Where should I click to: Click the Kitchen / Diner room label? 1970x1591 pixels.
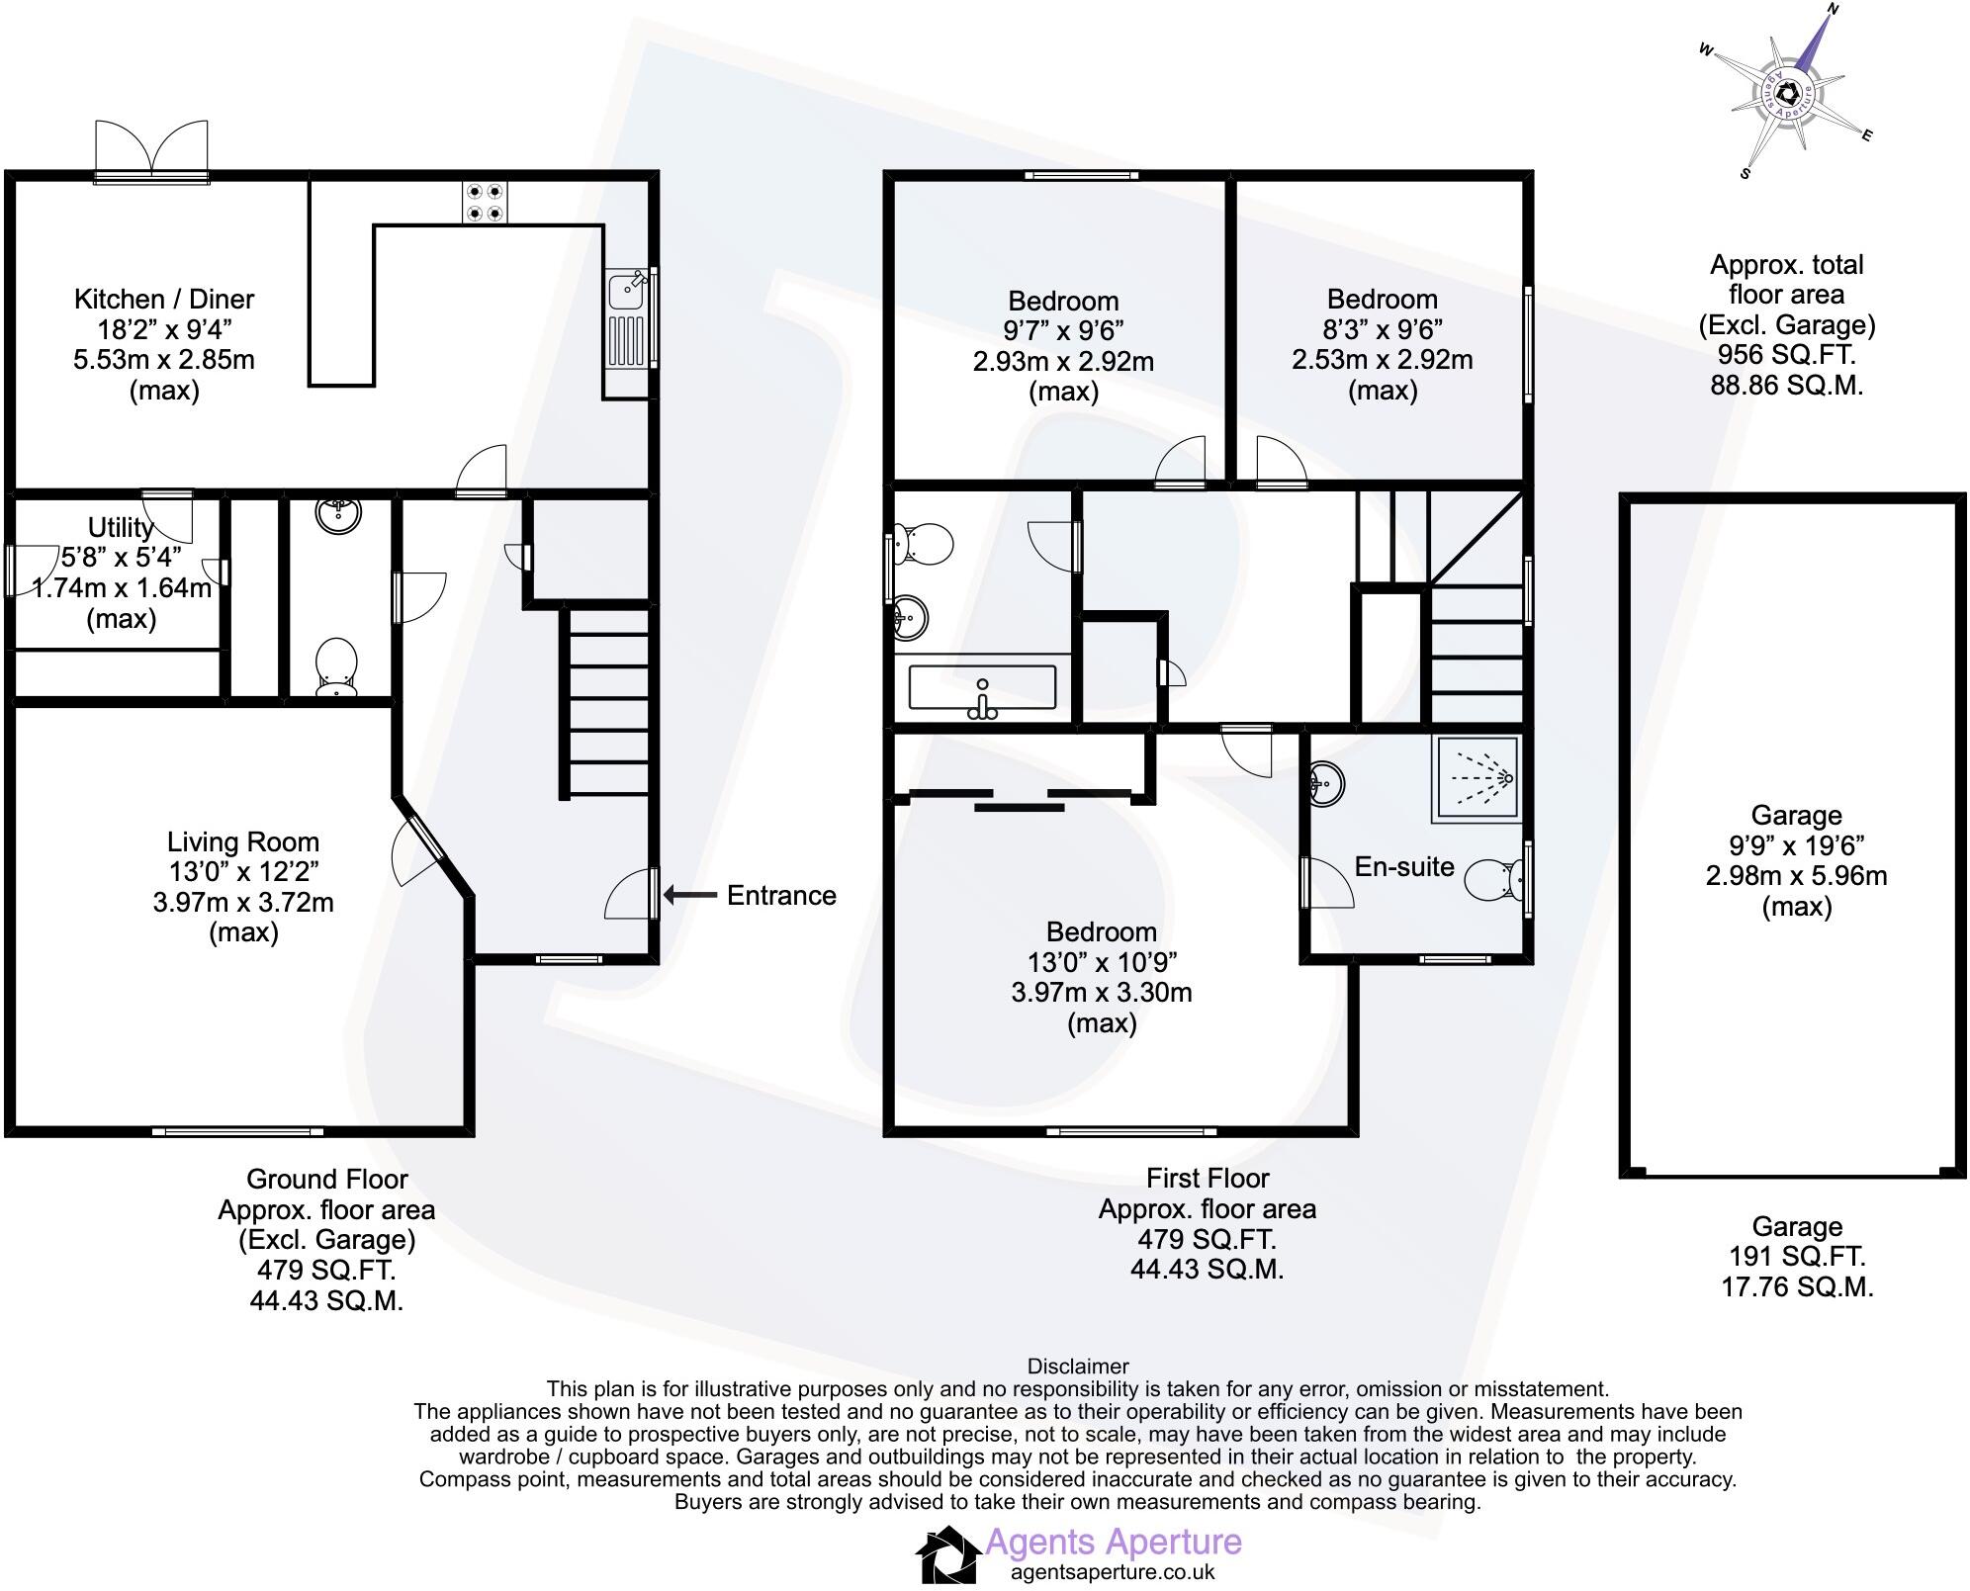click(x=164, y=300)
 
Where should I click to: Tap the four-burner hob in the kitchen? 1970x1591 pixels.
click(x=485, y=203)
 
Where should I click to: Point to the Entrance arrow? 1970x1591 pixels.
click(x=690, y=896)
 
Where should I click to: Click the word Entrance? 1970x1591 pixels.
click(x=781, y=896)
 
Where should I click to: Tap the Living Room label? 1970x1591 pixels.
click(x=243, y=842)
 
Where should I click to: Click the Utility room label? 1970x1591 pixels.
click(x=121, y=527)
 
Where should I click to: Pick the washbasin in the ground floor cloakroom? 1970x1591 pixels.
click(x=338, y=514)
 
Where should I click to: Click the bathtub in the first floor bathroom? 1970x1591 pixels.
click(x=982, y=688)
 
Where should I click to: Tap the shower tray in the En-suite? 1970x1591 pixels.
click(x=1475, y=779)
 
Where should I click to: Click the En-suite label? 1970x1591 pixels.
click(x=1404, y=867)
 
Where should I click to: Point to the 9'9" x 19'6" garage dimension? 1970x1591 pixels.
click(x=1796, y=845)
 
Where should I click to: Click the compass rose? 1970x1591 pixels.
click(x=1786, y=95)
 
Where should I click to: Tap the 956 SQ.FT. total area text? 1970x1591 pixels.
click(x=1786, y=355)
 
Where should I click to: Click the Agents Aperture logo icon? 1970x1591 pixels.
click(x=947, y=1555)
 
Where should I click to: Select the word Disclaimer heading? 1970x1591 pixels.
click(x=1078, y=1367)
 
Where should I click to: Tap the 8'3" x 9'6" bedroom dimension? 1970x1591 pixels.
click(x=1383, y=329)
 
